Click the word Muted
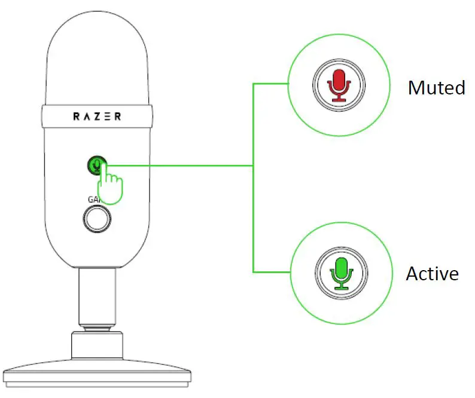click(x=436, y=88)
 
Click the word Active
click(x=432, y=274)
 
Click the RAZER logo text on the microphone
click(x=97, y=117)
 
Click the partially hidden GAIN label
click(x=93, y=199)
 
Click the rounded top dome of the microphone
click(x=97, y=54)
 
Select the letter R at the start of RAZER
click(x=77, y=117)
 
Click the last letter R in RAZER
click(x=117, y=117)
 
